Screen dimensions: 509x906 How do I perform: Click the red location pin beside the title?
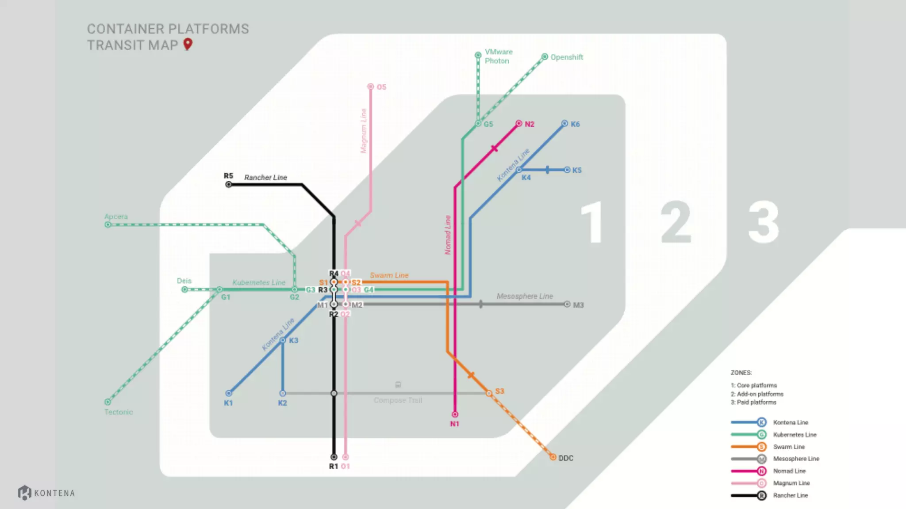(188, 44)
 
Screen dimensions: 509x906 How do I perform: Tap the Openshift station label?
(567, 57)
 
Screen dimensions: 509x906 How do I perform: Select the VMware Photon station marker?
(478, 55)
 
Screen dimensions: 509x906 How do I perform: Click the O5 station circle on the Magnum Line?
(371, 87)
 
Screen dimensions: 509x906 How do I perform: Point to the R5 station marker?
(229, 184)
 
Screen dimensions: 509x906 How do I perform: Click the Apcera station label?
(116, 217)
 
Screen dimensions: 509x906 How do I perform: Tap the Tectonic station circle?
(107, 402)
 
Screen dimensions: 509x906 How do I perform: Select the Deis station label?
(184, 281)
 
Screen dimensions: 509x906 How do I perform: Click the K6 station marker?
(564, 124)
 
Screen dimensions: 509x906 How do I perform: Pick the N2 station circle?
(519, 124)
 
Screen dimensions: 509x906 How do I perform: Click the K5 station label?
(577, 170)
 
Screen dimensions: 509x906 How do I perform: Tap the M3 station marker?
(567, 304)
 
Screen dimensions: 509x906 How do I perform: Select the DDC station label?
(566, 458)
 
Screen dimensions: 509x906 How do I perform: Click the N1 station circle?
(455, 414)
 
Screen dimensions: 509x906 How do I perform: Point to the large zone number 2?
(676, 222)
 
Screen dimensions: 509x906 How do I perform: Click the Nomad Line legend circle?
(761, 471)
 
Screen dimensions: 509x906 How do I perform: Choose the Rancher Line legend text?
(791, 495)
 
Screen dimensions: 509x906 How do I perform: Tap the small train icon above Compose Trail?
(398, 385)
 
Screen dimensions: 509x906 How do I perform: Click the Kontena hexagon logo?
(24, 493)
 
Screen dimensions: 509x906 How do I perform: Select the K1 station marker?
(229, 393)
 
